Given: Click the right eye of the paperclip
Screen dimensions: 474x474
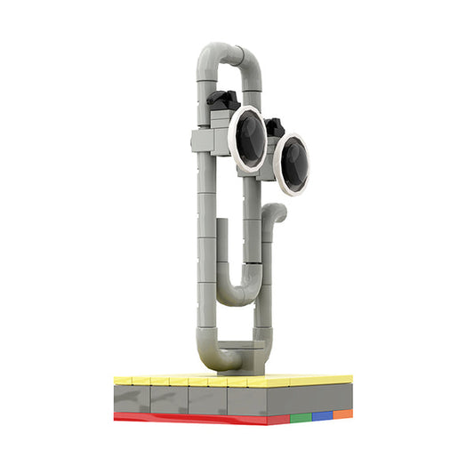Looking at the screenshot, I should [x=292, y=164].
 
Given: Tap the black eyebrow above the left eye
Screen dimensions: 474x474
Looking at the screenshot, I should [x=224, y=99].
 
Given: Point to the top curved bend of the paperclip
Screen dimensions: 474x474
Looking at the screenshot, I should [x=230, y=53].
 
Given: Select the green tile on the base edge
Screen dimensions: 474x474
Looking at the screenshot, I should [x=300, y=416].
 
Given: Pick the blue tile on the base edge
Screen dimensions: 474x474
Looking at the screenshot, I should [x=322, y=415].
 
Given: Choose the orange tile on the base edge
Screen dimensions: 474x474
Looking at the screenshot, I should [x=343, y=414].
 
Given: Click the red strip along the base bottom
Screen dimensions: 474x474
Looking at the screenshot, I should [x=196, y=418].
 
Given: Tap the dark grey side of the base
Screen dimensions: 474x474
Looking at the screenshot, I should [x=213, y=399].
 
